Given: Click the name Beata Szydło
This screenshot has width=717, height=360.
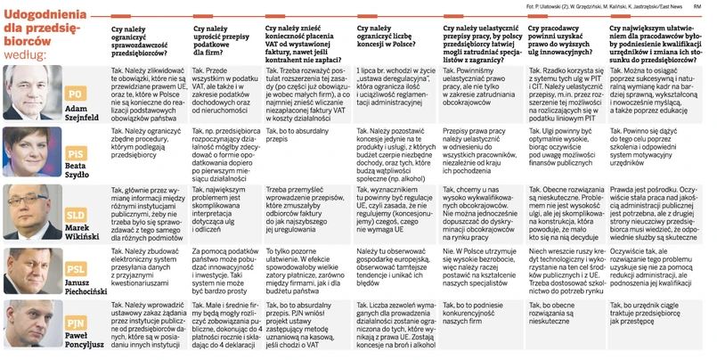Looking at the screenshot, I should (77, 173).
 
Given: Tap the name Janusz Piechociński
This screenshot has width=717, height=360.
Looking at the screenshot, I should (77, 288).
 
